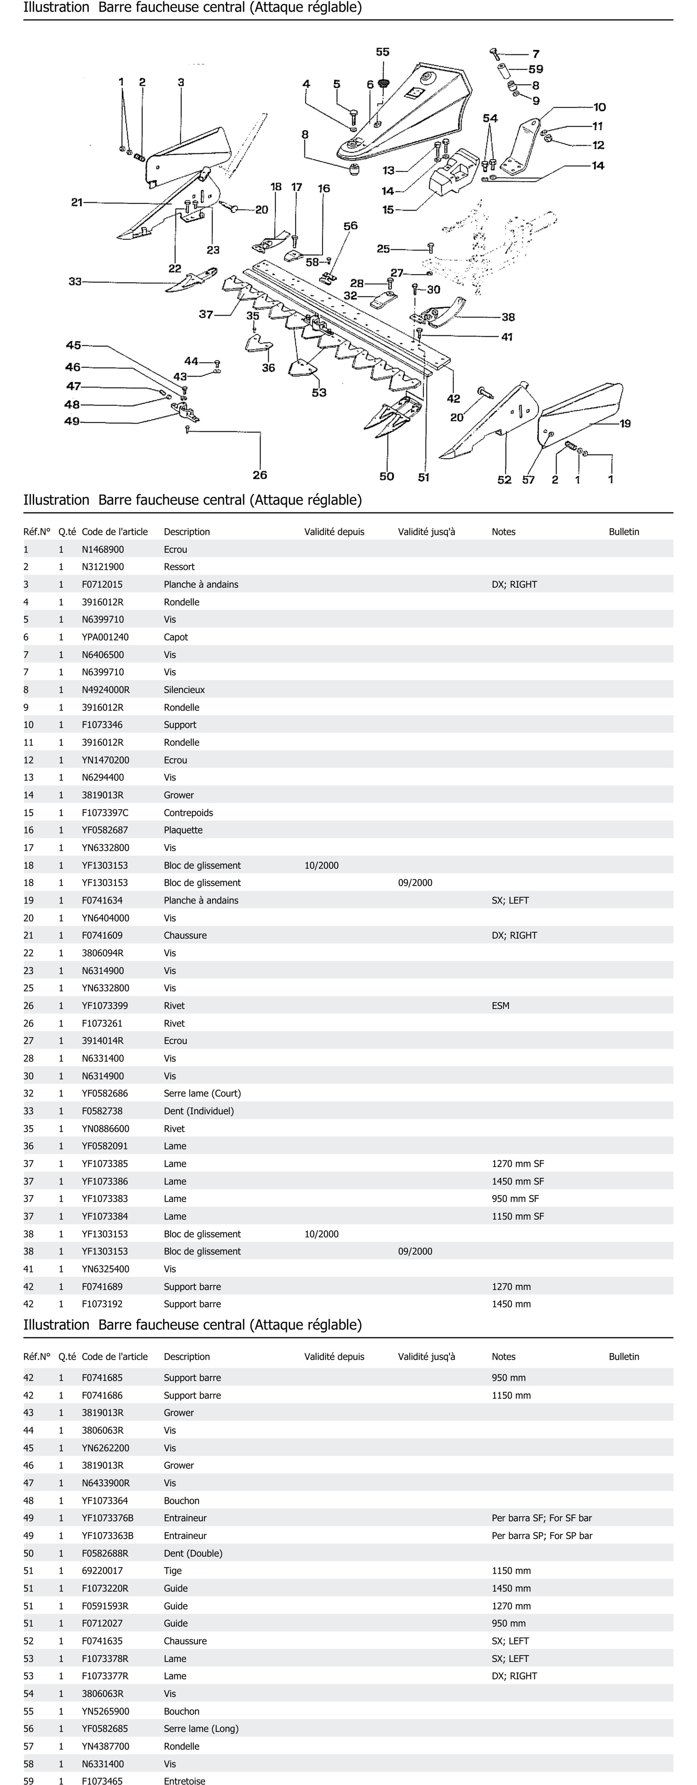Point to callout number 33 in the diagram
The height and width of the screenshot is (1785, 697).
[75, 281]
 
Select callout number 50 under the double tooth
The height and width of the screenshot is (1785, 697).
[386, 476]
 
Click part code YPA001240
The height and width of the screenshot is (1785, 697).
[105, 637]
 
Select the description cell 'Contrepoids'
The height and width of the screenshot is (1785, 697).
[188, 813]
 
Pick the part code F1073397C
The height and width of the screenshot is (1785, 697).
[105, 813]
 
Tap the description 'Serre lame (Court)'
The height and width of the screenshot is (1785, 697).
[202, 1093]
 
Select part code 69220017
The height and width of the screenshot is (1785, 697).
[102, 1571]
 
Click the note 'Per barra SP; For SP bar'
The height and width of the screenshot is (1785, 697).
[542, 1536]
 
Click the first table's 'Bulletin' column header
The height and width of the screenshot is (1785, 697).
[623, 531]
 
